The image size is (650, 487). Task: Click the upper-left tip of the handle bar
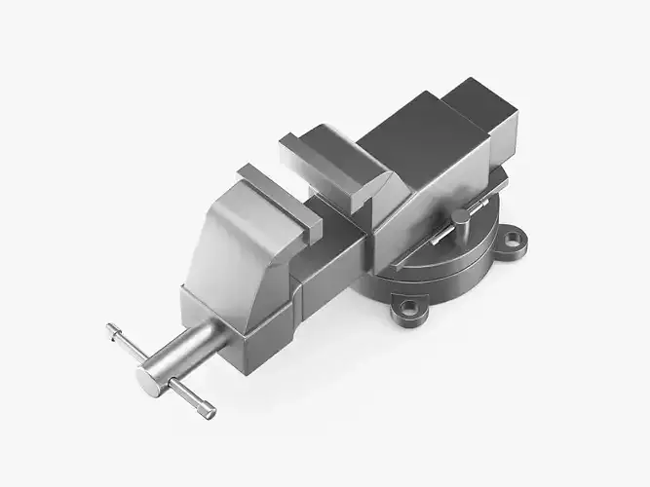[112, 328]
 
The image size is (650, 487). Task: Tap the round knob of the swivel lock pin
[459, 216]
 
